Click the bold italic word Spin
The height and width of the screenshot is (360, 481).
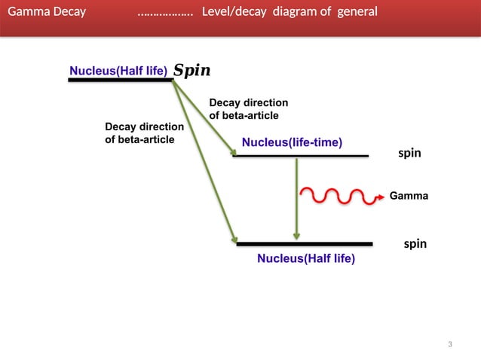pyautogui.click(x=192, y=71)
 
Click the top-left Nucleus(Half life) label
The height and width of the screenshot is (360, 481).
pyautogui.click(x=118, y=71)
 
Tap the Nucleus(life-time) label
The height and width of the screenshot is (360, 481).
pyautogui.click(x=292, y=142)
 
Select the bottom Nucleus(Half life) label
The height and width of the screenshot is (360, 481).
pyautogui.click(x=305, y=258)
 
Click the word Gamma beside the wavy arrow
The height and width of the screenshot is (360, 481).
pyautogui.click(x=409, y=196)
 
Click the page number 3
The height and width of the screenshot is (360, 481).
pyautogui.click(x=450, y=345)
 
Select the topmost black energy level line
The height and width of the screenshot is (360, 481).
pyautogui.click(x=121, y=80)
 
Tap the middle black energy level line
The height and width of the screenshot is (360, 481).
pyautogui.click(x=302, y=156)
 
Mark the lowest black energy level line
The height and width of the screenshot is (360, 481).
pyautogui.click(x=305, y=244)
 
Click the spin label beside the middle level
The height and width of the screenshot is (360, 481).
pyautogui.click(x=409, y=154)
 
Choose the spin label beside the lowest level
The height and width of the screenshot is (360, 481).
pyautogui.click(x=415, y=244)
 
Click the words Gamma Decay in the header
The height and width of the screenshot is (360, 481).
pyautogui.click(x=46, y=12)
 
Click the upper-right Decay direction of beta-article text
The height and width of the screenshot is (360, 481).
pyautogui.click(x=248, y=108)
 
